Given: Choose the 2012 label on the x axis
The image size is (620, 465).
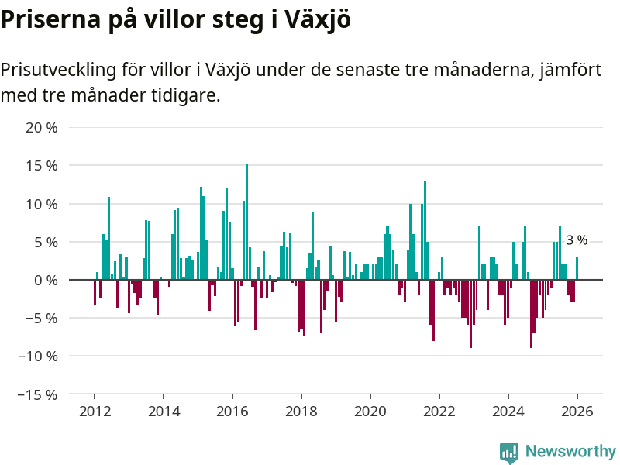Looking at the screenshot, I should (x=95, y=411).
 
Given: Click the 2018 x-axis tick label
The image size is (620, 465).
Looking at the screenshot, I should (x=301, y=411).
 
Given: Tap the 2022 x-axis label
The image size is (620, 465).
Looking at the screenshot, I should (x=439, y=411).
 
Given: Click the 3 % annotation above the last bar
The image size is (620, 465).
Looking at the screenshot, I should (x=577, y=241).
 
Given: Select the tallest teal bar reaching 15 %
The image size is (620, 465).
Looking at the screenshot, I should (x=246, y=222).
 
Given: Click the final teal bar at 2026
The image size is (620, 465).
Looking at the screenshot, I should (x=577, y=268).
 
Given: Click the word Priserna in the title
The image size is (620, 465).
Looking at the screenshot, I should (x=51, y=20).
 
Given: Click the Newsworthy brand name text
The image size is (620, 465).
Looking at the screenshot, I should (x=570, y=452).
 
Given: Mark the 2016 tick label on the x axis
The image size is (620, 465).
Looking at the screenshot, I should (x=232, y=411).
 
